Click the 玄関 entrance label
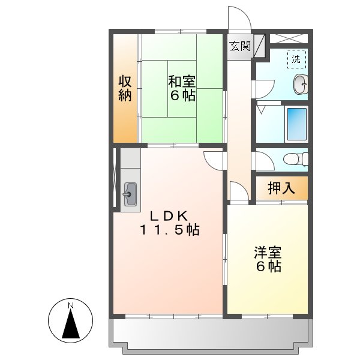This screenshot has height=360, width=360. click(239, 46)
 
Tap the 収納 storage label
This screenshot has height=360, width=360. click(124, 88)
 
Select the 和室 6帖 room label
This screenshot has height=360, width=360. click(181, 88)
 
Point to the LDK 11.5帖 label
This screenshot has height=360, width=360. click(170, 223)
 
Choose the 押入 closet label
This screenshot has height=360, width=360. click(281, 188)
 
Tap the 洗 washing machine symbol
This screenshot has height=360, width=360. click(296, 59)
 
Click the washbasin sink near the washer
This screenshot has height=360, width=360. click(299, 85)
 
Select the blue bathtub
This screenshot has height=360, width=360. click(296, 124)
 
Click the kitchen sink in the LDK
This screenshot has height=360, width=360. click(130, 193)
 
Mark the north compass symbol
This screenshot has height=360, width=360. click(71, 323)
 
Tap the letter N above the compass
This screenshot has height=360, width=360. click(71, 307)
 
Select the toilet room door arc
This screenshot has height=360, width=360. click(262, 161)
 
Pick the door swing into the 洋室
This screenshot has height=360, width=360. click(238, 191)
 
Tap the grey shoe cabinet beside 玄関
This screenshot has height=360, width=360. click(259, 46)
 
